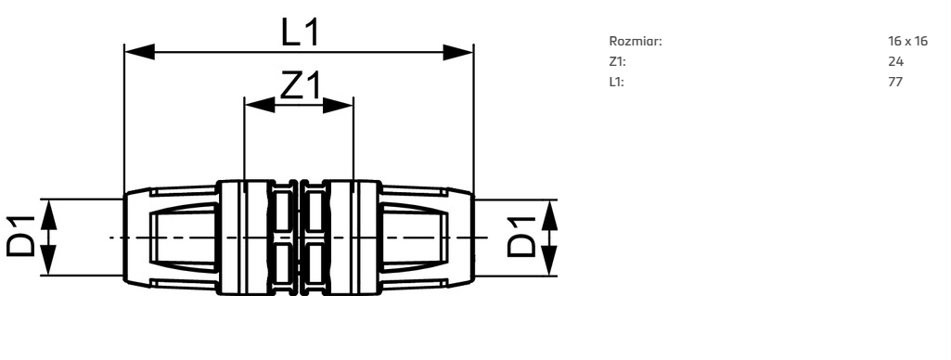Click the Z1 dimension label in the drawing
coord(300,85)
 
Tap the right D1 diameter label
coord(521,237)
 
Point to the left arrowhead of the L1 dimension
coord(139,52)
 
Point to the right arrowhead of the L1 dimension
coord(458,52)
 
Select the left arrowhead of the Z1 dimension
coord(259,105)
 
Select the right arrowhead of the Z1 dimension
coord(338,105)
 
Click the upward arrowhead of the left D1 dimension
coord(49,214)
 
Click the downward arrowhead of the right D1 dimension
coord(549,261)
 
